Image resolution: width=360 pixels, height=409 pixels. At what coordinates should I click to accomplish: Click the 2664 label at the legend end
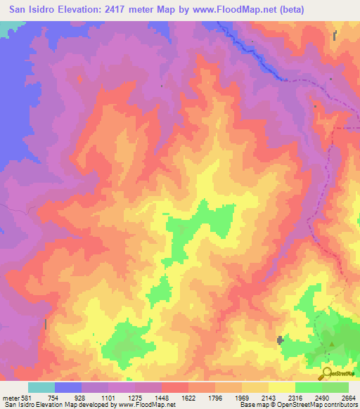coord(348,398)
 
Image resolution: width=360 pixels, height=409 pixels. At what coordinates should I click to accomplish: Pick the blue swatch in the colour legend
coord(68,387)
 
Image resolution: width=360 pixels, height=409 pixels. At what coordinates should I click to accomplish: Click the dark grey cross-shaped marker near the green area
coord(281,340)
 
